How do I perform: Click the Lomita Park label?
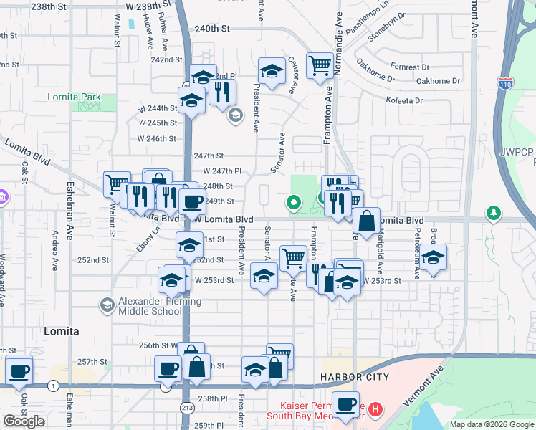point(75,97)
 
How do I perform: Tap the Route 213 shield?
point(186,407)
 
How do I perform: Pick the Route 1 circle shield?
point(53,386)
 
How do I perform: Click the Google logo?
point(24,421)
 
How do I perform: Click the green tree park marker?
point(493,212)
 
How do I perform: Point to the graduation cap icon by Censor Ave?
point(271,72)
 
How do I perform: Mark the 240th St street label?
point(214,29)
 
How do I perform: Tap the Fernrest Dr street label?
point(409,67)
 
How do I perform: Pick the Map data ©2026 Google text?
point(492,424)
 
